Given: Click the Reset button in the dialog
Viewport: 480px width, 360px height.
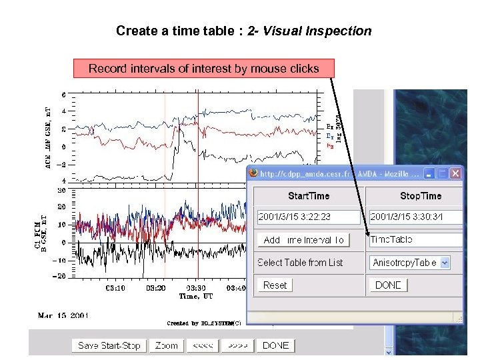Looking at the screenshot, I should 275,285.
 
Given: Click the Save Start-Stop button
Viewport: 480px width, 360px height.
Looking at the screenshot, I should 109,345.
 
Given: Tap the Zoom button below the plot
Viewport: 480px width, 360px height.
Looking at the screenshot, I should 167,345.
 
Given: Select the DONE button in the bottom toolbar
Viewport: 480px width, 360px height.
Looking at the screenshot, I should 276,345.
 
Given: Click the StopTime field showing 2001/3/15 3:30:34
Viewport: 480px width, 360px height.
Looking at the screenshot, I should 415,217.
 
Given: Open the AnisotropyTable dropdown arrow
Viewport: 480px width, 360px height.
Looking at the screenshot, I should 445,263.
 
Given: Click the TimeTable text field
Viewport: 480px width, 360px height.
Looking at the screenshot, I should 415,240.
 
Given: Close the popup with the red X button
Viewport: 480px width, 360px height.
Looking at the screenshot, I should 455,173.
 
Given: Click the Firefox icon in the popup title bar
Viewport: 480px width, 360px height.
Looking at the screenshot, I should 253,173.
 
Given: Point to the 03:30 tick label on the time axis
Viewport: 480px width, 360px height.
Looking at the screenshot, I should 196,288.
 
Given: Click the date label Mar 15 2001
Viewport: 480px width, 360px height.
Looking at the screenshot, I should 63,315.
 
